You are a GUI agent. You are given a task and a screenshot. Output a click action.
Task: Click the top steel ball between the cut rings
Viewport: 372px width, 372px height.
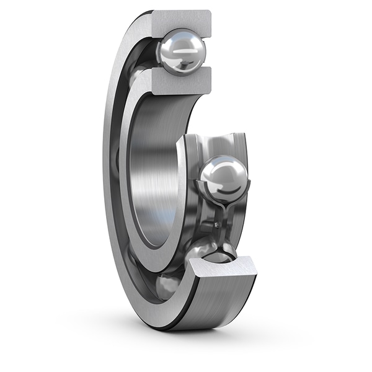[182, 53]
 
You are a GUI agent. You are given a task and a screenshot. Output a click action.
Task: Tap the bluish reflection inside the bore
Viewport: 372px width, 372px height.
[166, 217]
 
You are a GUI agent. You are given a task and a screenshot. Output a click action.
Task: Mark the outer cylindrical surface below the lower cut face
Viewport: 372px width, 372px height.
[229, 304]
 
